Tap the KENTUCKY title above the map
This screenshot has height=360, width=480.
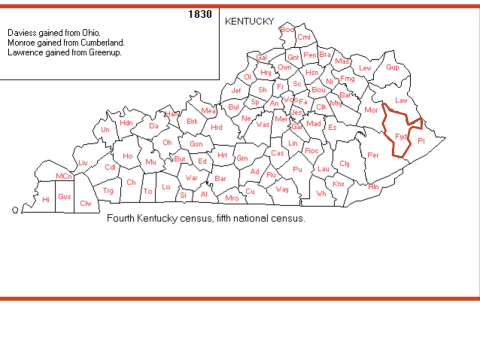click(250, 21)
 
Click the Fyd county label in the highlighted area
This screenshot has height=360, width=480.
click(400, 136)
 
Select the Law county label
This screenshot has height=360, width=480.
click(401, 100)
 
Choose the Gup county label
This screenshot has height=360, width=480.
click(392, 67)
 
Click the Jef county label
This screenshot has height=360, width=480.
click(236, 90)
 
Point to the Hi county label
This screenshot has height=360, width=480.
click(46, 199)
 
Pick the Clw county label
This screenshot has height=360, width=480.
click(85, 203)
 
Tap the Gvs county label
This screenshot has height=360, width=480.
click(64, 196)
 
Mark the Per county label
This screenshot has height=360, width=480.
click(373, 155)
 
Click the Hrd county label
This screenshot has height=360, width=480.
click(216, 127)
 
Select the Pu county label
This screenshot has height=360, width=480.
click(297, 169)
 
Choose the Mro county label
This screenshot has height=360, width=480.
click(232, 198)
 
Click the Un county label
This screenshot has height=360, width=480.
click(105, 129)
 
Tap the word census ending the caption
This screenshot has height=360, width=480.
click(289, 219)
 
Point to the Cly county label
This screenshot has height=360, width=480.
click(345, 163)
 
